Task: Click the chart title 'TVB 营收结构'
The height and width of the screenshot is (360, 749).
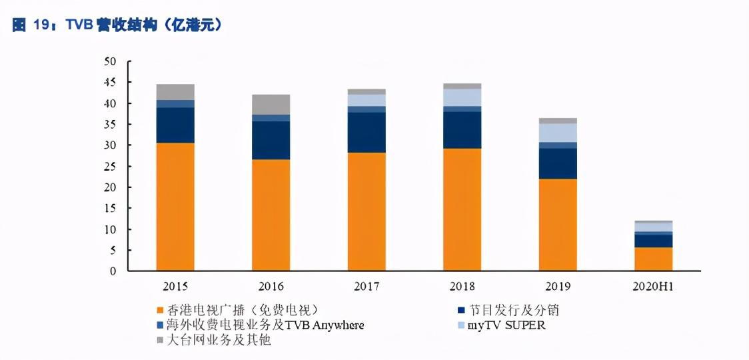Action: tap(117, 25)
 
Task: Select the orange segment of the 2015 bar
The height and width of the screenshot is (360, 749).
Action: tap(175, 207)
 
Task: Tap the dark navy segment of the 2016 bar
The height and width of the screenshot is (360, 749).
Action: tap(271, 140)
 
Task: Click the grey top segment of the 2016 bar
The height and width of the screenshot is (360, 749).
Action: tap(271, 104)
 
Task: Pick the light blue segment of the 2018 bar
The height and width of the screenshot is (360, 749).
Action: tap(462, 97)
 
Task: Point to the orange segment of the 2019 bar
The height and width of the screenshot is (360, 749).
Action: tap(558, 225)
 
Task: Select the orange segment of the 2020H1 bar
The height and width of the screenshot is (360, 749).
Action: tap(653, 259)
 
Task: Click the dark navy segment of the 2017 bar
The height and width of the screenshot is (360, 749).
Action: tap(367, 132)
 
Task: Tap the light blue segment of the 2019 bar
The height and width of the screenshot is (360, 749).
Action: tap(558, 133)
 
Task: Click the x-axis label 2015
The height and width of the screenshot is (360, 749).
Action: tap(175, 287)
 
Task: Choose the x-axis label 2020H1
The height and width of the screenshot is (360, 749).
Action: tap(653, 287)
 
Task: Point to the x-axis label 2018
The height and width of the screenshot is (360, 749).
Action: tap(462, 287)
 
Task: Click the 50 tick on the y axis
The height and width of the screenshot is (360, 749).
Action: tap(110, 62)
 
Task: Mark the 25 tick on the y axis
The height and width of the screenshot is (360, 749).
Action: tap(110, 167)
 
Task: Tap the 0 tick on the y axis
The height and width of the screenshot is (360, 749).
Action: tap(113, 271)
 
